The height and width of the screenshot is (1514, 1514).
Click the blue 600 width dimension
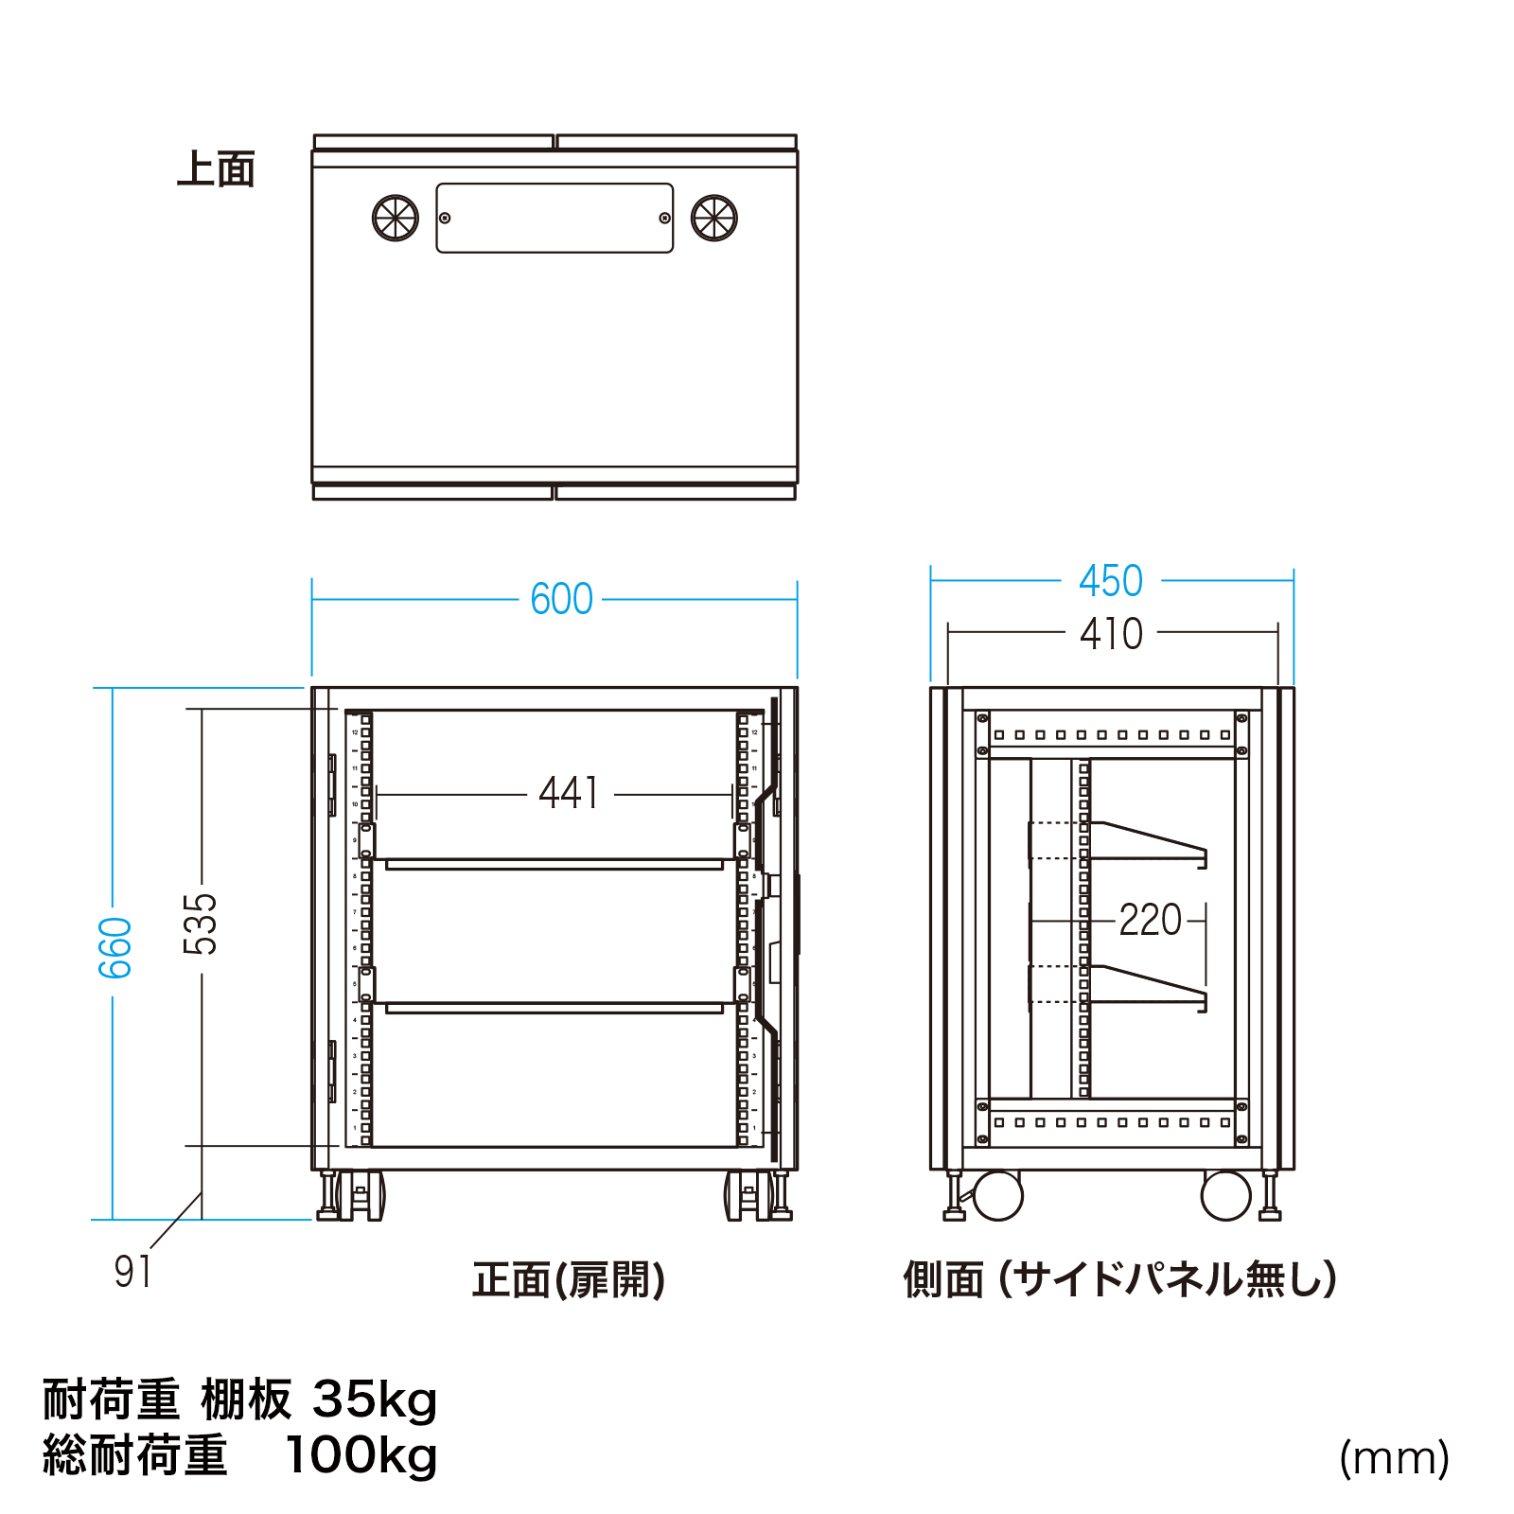[x=561, y=599]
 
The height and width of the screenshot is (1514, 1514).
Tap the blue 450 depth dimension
[x=1111, y=580]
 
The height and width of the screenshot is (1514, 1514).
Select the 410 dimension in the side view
[x=1111, y=633]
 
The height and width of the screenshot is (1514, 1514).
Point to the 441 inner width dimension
[x=569, y=793]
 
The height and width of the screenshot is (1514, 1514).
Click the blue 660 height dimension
[x=114, y=947]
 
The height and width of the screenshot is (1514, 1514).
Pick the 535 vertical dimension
[x=200, y=924]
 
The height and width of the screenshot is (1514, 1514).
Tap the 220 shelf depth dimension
[x=1150, y=920]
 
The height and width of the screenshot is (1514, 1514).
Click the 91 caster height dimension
[x=132, y=1271]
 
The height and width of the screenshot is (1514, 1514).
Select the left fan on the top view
[x=396, y=219]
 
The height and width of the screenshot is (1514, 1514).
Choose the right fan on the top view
[x=713, y=219]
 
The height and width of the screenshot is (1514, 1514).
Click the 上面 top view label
[x=217, y=170]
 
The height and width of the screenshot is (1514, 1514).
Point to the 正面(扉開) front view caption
[x=569, y=1280]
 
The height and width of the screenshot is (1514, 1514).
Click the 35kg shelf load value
[x=375, y=1400]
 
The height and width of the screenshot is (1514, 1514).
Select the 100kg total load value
[x=361, y=1455]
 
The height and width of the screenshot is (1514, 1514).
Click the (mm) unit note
[x=1394, y=1458]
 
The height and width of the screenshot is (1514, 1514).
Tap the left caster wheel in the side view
[x=997, y=1196]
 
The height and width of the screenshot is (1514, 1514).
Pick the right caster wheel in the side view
[x=1225, y=1196]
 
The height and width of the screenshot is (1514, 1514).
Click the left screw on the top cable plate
[x=445, y=219]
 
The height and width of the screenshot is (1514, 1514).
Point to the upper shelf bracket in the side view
[x=1149, y=842]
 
